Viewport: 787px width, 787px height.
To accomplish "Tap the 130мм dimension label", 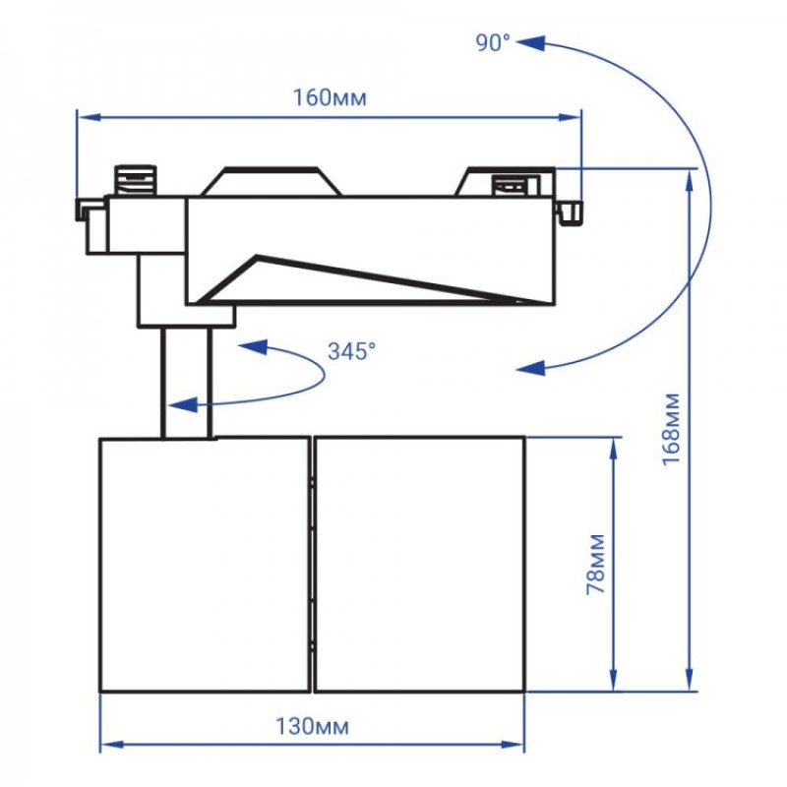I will coord(312,727).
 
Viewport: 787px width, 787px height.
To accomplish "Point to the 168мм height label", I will coord(671,429).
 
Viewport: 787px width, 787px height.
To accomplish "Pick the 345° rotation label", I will coord(351,351).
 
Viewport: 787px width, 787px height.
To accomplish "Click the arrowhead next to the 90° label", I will coord(531,43).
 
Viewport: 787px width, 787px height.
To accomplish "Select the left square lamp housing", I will coord(205,564).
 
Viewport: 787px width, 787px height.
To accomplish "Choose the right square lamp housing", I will coord(419,564).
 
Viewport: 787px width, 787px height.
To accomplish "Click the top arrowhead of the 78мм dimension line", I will coord(614,446).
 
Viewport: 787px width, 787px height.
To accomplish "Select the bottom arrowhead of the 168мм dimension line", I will coord(692,683).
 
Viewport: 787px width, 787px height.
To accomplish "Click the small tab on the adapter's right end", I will coord(571,211).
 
